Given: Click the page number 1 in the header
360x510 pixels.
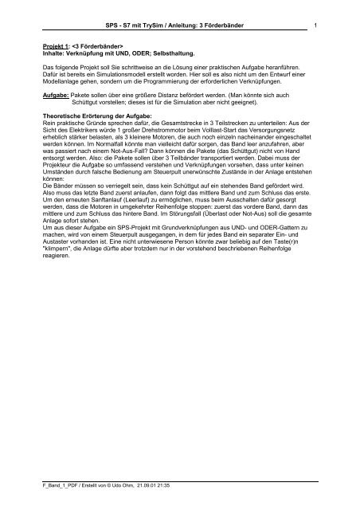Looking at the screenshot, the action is (317, 26).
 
